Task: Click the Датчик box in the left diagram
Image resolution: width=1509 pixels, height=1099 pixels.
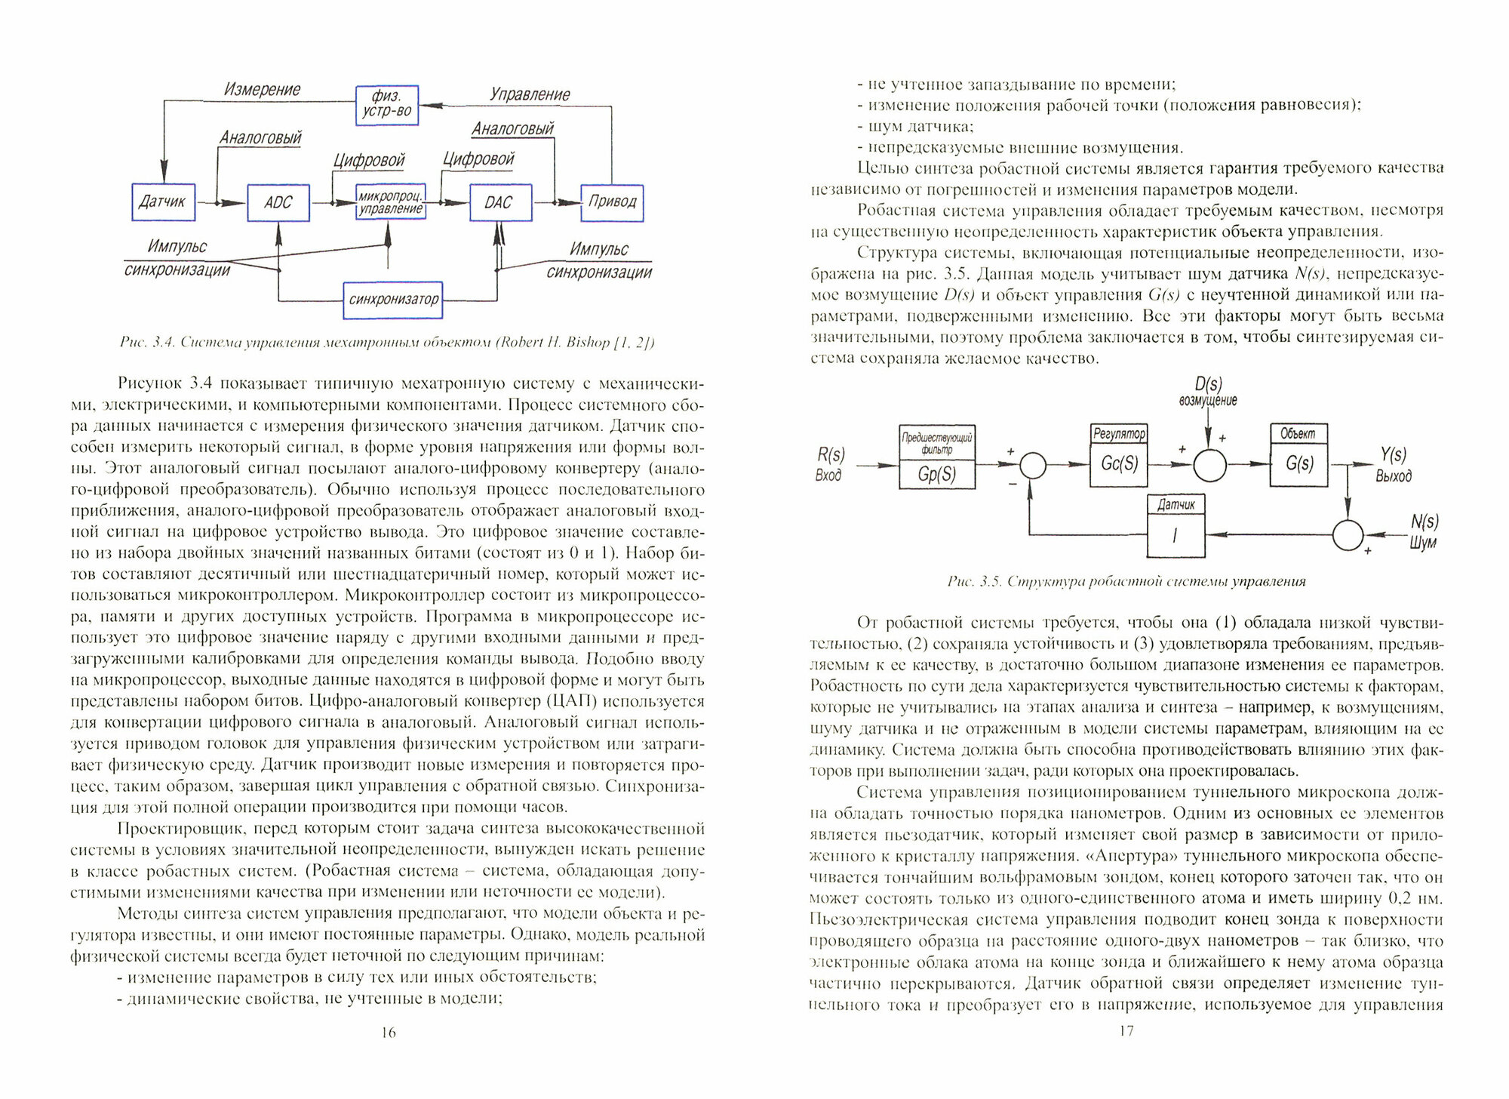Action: coord(164,202)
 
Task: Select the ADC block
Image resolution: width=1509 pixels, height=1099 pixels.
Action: coord(278,202)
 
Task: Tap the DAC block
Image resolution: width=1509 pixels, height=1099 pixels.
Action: coord(499,202)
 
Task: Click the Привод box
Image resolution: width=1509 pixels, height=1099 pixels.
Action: coord(612,202)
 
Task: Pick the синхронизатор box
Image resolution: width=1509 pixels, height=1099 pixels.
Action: coord(392,300)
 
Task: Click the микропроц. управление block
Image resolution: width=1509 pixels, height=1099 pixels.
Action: coord(390,202)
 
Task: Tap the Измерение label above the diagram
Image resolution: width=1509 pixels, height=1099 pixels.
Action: coord(262,90)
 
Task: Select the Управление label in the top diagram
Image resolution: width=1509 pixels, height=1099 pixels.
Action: coord(530,94)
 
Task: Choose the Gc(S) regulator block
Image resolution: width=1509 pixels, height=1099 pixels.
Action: coord(1119,463)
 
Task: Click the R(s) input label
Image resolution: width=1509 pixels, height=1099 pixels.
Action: coord(831,455)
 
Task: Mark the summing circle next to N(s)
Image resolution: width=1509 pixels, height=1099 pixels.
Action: coord(1348,536)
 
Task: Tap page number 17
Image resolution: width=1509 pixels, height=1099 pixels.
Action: coord(1124,1031)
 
